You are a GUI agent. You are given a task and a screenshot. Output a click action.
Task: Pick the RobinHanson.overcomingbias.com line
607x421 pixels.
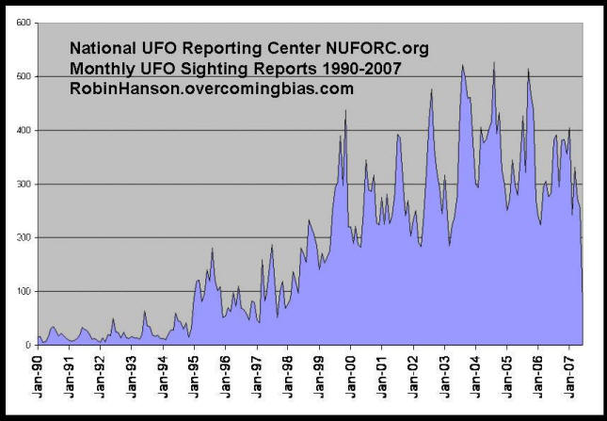(212, 89)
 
